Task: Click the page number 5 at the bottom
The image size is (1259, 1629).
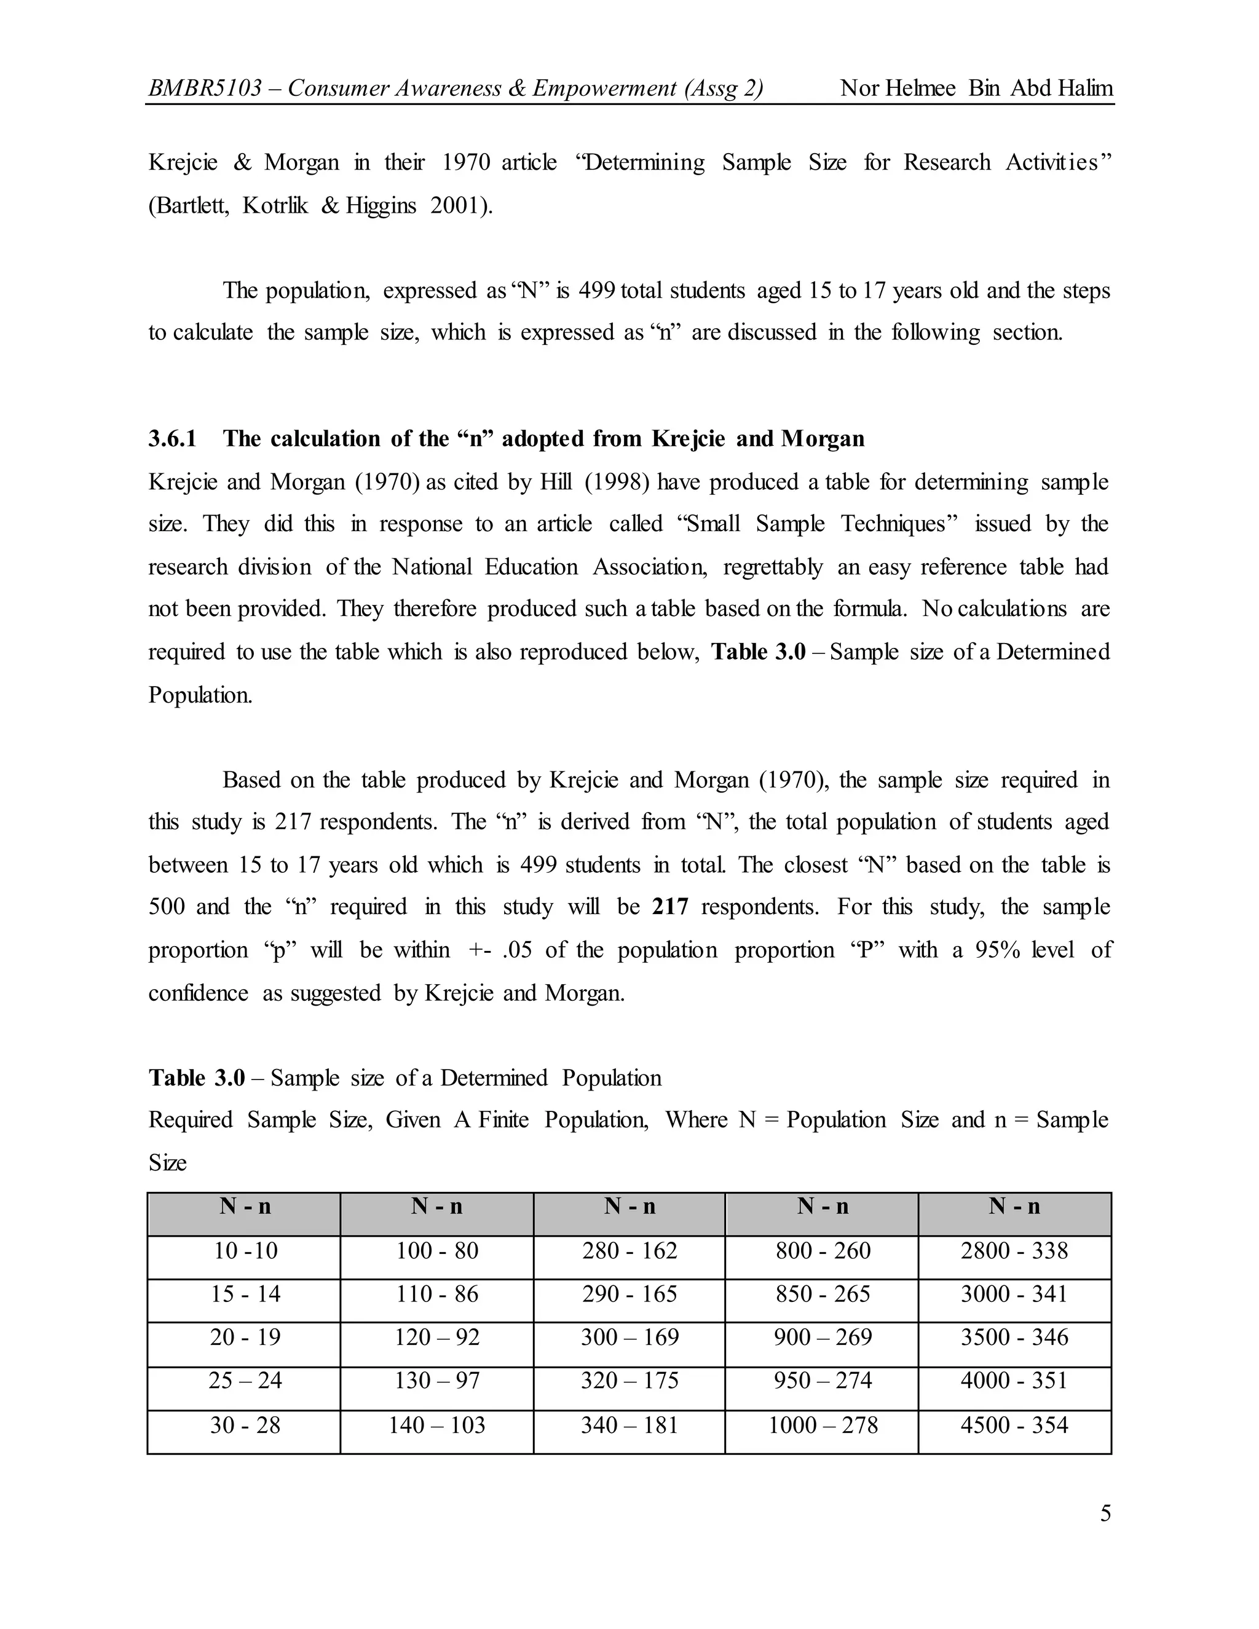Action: click(1105, 1513)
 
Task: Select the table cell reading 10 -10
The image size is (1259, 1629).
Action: click(245, 1251)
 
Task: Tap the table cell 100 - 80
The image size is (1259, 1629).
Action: click(437, 1251)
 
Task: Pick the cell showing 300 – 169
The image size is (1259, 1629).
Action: click(629, 1338)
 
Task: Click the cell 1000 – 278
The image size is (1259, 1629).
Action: click(823, 1426)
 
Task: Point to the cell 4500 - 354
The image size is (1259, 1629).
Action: click(1014, 1426)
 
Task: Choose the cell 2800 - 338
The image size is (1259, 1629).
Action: click(1014, 1251)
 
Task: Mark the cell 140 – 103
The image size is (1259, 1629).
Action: click(437, 1426)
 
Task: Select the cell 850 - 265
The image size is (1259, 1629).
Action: click(823, 1294)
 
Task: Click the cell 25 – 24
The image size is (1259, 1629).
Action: click(245, 1381)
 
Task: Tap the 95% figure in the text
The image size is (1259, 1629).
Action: click(997, 950)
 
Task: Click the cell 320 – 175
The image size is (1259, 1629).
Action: click(629, 1381)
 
